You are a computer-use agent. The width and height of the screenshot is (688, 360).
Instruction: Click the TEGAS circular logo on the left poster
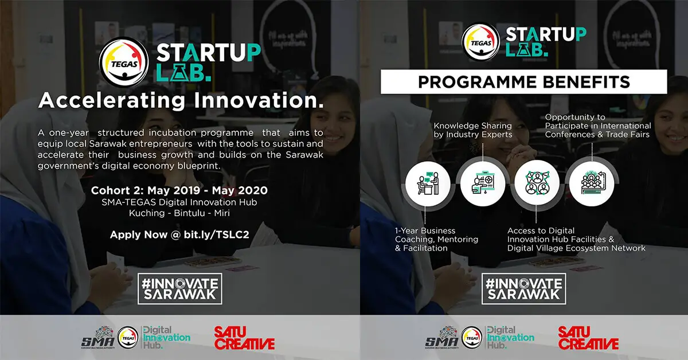[124, 62]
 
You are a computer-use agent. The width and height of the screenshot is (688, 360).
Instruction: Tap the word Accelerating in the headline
[112, 101]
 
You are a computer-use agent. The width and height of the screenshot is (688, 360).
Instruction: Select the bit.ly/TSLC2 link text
[217, 234]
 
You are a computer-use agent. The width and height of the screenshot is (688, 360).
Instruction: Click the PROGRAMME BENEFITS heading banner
[523, 82]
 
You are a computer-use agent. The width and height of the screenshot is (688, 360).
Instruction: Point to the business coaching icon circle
[428, 184]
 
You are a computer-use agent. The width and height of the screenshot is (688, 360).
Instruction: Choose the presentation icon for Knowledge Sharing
[483, 184]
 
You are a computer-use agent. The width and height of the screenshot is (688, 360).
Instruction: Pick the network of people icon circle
[537, 184]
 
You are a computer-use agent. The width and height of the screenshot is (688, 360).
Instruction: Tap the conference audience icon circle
[592, 184]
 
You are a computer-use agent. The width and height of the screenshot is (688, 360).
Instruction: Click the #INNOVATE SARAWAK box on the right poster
[523, 289]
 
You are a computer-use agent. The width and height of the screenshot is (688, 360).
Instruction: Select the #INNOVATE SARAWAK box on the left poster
[179, 289]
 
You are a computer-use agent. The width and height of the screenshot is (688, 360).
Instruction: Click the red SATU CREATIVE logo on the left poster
[244, 338]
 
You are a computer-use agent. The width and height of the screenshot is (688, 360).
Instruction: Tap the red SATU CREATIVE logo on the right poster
[588, 338]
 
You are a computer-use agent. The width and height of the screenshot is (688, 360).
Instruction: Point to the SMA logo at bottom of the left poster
[98, 338]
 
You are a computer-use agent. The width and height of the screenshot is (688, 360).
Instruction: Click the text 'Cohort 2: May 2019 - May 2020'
[179, 190]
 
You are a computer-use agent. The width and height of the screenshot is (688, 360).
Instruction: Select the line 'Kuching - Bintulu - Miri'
[179, 213]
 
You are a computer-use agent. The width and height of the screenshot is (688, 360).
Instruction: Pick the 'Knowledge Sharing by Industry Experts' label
[473, 130]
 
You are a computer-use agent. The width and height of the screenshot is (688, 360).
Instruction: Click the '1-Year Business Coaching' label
[436, 239]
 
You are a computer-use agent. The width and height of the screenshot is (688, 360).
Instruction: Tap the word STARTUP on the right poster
[546, 34]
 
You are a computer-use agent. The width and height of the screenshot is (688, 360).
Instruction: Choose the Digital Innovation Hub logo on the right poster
[510, 338]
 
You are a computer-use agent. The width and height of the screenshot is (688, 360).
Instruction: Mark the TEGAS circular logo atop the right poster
[480, 42]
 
